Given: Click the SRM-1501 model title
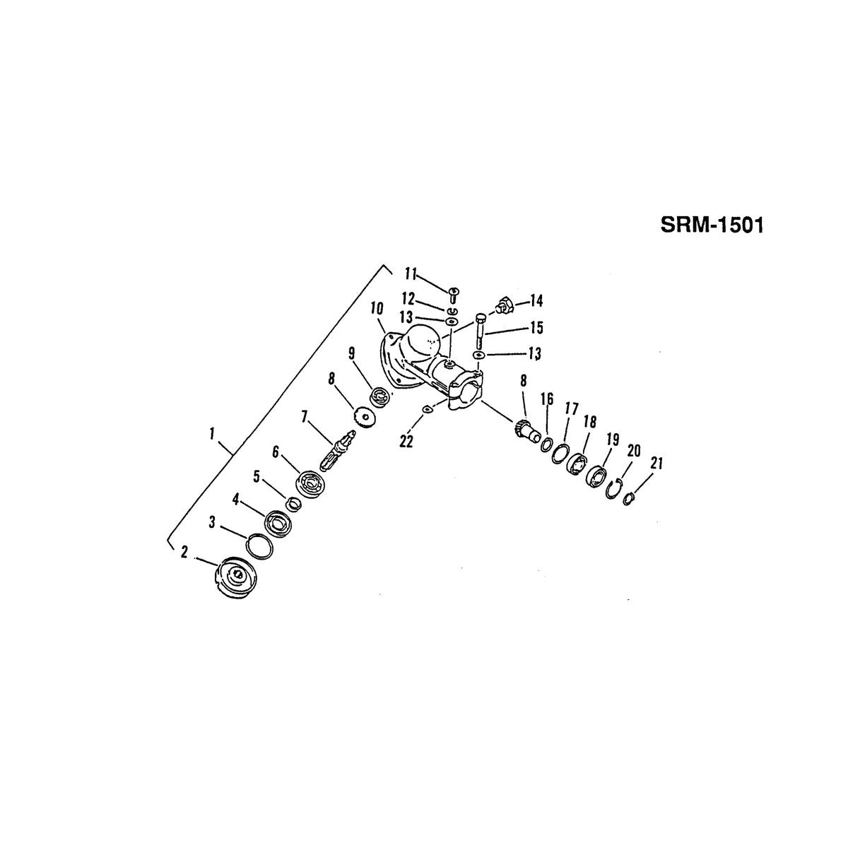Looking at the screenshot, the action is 712,225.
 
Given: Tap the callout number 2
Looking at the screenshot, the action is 184,551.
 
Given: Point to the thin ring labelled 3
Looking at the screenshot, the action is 259,548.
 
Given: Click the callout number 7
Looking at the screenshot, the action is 304,417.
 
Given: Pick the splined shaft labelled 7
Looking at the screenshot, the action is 338,452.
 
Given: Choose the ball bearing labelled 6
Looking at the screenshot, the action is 311,483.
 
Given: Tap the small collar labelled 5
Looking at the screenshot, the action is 294,505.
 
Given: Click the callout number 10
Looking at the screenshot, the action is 377,309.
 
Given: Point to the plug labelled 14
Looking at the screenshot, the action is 504,306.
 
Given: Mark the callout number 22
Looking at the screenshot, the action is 406,442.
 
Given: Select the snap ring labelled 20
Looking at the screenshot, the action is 614,490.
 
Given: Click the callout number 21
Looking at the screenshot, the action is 656,464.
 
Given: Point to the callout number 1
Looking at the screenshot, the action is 212,435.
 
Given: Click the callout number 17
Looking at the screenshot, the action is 572,410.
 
